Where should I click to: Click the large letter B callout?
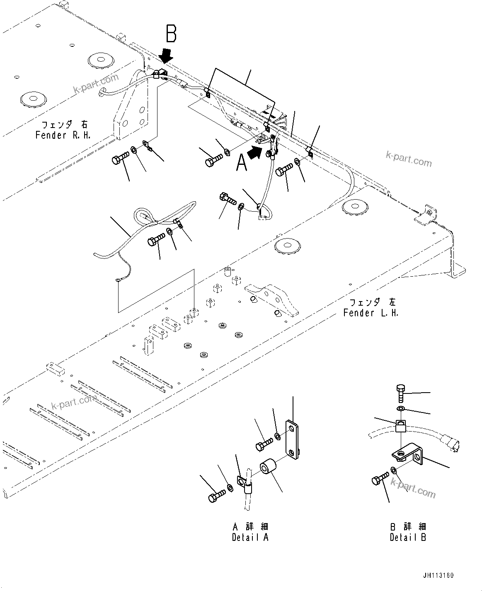pyautogui.click(x=171, y=34)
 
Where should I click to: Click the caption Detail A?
pyautogui.click(x=250, y=537)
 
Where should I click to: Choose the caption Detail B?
pyautogui.click(x=408, y=537)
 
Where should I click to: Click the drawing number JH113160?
pyautogui.click(x=438, y=576)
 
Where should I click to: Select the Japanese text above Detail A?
pyautogui.click(x=250, y=526)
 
